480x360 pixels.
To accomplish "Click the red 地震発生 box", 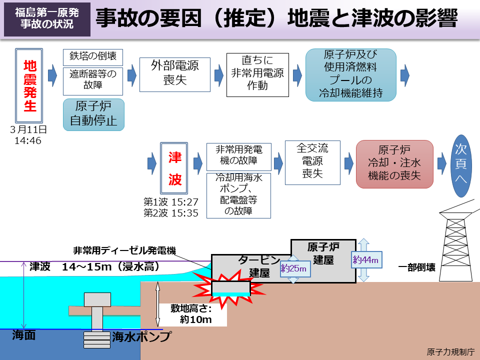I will (29, 85).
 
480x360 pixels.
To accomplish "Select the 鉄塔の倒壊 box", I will (93, 56).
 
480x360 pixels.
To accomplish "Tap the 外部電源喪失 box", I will (174, 73).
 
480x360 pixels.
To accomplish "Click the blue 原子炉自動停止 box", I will (93, 114).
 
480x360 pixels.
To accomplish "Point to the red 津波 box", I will (174, 168).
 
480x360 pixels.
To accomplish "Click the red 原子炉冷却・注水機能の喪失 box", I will (394, 163).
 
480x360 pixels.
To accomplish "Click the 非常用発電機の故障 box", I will (238, 155).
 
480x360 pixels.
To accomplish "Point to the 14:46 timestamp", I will (28, 141).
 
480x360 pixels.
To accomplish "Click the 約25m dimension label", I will (294, 269).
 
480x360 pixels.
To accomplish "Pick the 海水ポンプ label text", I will (141, 336).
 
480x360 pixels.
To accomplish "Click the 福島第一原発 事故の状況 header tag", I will (47, 18).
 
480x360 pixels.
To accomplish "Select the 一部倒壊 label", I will (417, 267).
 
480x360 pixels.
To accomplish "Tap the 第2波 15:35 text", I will (171, 213).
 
